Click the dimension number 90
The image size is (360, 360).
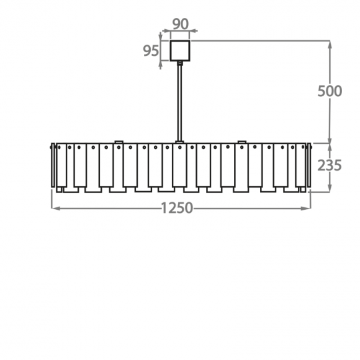point(181,24)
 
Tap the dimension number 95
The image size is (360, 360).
point(151,51)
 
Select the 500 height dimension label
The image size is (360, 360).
point(330,91)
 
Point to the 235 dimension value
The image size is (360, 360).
point(330,165)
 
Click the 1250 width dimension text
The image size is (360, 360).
point(178,208)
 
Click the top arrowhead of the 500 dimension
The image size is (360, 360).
point(330,45)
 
